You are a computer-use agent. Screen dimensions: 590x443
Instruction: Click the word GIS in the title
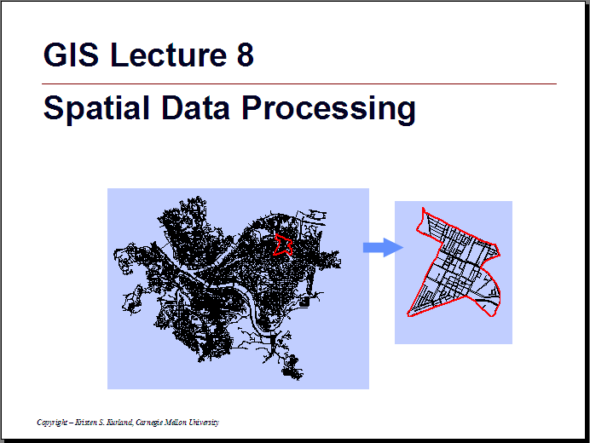71,55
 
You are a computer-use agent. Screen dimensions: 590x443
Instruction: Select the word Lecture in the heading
169,55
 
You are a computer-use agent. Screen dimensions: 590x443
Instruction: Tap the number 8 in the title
246,55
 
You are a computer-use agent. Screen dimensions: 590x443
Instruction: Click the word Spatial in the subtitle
96,107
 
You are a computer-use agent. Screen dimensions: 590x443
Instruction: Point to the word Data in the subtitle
195,107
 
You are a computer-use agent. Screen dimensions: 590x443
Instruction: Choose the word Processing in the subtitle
328,109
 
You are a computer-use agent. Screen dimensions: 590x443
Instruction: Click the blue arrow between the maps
383,247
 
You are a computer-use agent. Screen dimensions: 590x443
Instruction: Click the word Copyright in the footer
52,423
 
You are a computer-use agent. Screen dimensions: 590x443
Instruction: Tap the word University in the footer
204,423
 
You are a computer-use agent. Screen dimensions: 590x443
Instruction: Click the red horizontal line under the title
299,83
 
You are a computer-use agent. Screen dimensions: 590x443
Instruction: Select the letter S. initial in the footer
101,422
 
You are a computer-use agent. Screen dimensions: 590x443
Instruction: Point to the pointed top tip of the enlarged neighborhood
423,208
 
